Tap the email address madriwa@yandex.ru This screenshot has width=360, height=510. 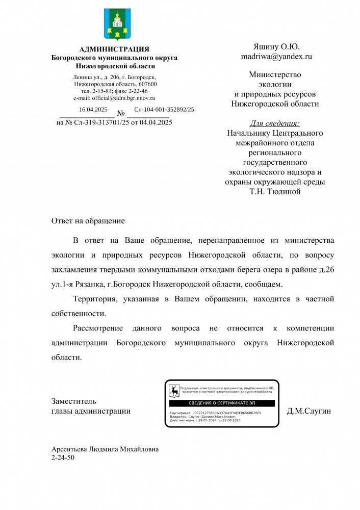[x=276, y=57]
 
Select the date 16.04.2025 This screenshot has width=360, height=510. [x=93, y=110]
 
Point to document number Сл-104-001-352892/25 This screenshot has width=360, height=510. [x=164, y=110]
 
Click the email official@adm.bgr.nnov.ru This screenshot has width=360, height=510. [x=114, y=98]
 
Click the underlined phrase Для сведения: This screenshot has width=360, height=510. [x=275, y=123]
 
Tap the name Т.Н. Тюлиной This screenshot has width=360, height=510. [x=275, y=192]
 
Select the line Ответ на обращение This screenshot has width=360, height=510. [x=88, y=221]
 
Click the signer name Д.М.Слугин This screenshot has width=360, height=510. [x=309, y=411]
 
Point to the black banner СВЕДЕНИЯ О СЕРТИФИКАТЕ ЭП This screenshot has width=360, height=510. [x=221, y=403]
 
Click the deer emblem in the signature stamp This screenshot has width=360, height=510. [x=174, y=391]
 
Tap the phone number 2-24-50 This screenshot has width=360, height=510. [x=63, y=457]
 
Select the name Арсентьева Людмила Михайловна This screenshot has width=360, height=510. [x=105, y=449]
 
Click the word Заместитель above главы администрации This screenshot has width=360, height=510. [x=73, y=401]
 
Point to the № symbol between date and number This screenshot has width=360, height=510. [x=121, y=113]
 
